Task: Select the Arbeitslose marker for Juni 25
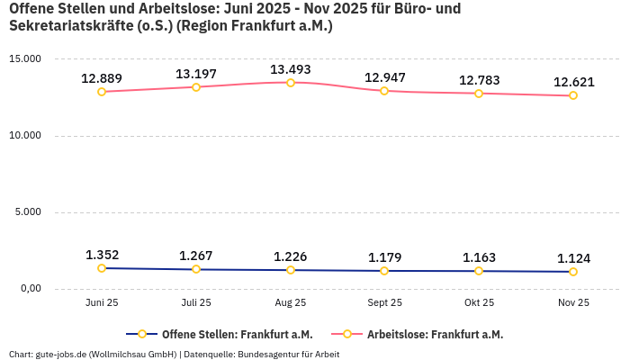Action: [102, 92]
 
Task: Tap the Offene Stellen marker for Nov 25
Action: [573, 272]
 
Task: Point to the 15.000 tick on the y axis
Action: [25, 58]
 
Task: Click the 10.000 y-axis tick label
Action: [25, 136]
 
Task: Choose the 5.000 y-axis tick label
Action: [28, 212]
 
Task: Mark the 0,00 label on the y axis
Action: [30, 289]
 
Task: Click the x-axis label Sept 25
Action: [384, 303]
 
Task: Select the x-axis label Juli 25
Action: [196, 303]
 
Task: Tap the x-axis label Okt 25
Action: [479, 303]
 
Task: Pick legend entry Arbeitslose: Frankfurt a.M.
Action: [435, 334]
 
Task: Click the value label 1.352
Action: [102, 255]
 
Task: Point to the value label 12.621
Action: [573, 82]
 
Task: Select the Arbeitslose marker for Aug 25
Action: [290, 83]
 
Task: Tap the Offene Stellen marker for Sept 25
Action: [384, 271]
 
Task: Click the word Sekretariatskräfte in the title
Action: [69, 26]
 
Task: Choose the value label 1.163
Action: [479, 257]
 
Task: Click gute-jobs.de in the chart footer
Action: [59, 354]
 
